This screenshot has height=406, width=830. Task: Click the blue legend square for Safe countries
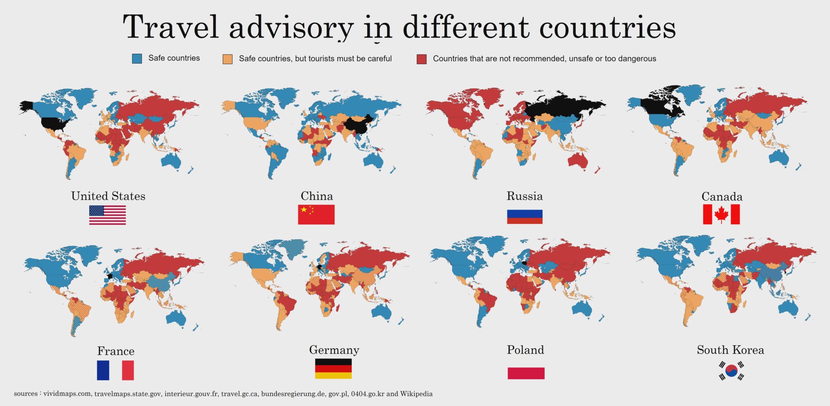click(x=137, y=58)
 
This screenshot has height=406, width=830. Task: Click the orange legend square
click(x=227, y=59)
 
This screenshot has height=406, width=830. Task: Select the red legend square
click(x=421, y=59)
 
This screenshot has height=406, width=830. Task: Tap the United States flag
click(x=107, y=215)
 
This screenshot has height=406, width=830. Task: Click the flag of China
click(x=316, y=215)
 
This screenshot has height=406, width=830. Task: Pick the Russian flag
click(x=524, y=217)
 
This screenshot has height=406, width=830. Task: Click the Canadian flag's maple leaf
click(x=721, y=215)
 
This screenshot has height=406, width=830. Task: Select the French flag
click(x=116, y=370)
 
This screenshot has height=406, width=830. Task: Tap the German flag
click(x=333, y=369)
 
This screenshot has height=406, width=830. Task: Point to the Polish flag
click(x=526, y=373)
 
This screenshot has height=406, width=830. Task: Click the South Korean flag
click(x=731, y=371)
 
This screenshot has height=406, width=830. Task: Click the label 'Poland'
click(x=525, y=350)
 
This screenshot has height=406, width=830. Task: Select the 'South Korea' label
click(x=730, y=350)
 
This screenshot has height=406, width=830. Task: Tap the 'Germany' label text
click(x=334, y=350)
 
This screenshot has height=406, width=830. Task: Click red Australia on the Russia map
click(x=578, y=161)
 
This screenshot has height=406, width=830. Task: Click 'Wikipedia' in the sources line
click(x=416, y=394)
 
